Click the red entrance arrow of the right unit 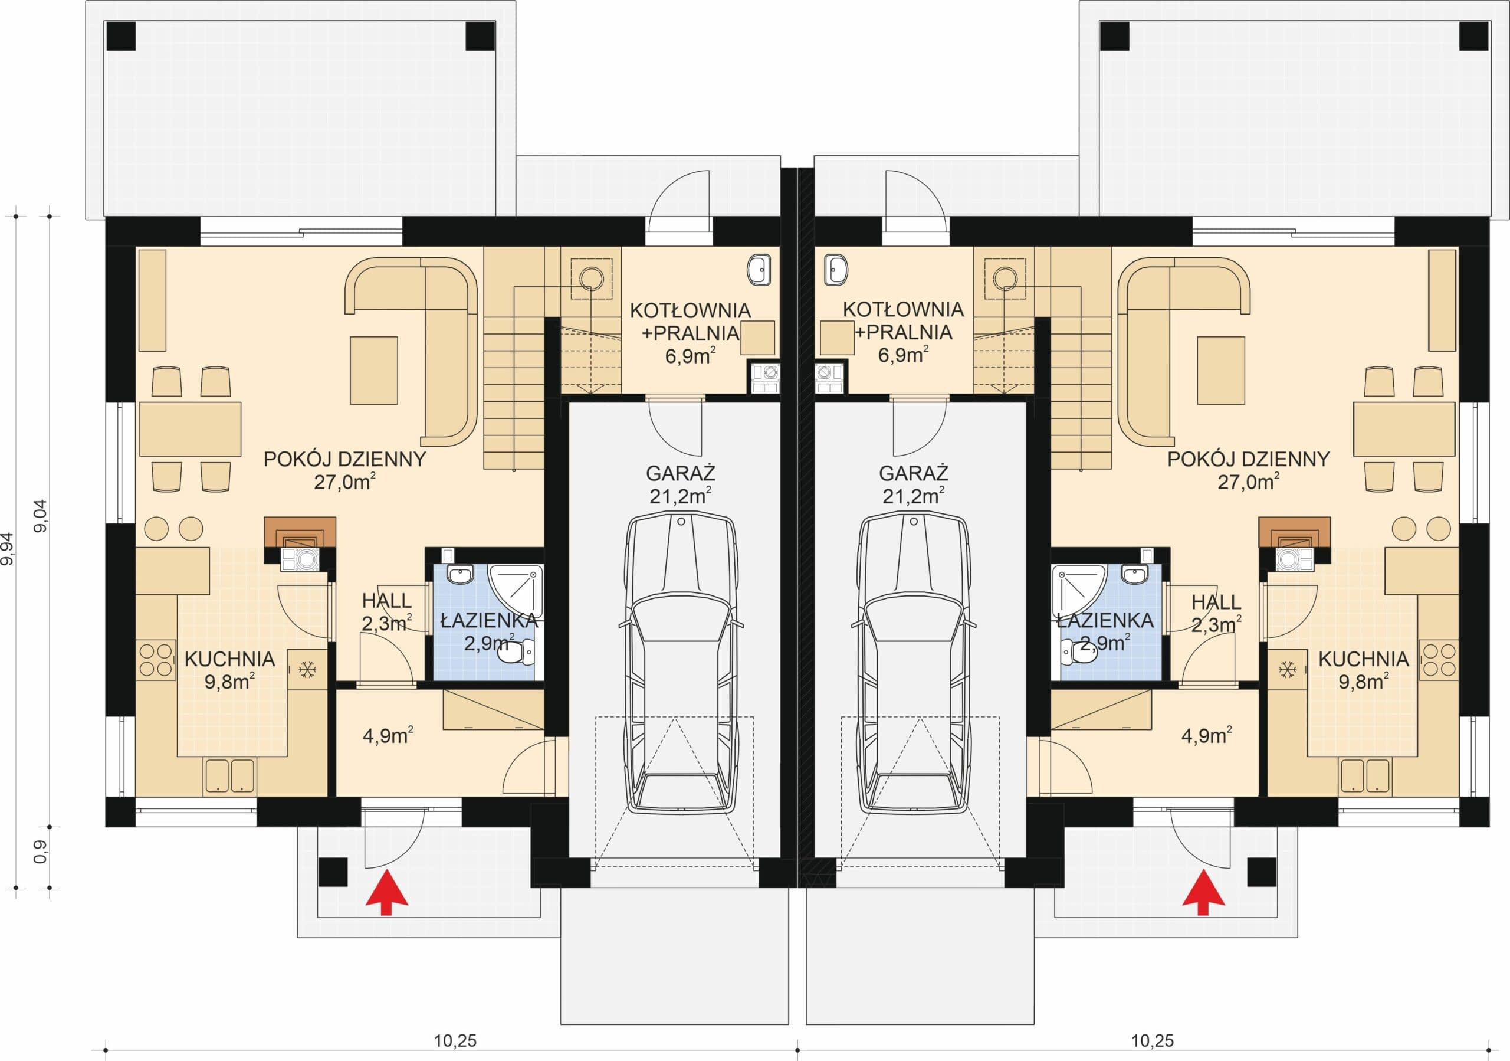tap(1203, 892)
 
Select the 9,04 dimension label tap(41, 516)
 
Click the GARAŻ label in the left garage tap(681, 473)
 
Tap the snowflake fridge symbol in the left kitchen tap(307, 670)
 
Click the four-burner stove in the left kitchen tap(156, 660)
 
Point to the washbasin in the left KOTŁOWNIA tap(759, 270)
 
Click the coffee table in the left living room tap(373, 371)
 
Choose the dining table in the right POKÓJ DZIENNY tap(1404, 429)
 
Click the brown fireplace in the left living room tap(300, 532)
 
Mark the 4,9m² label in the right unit tap(1206, 735)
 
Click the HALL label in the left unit tap(387, 601)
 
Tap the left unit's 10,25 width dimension tap(455, 1040)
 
